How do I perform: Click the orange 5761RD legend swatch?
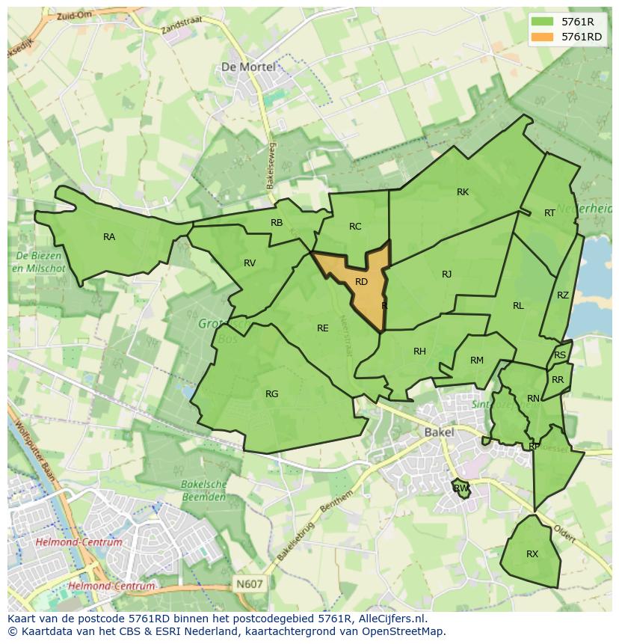543,37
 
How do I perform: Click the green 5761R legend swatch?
543,22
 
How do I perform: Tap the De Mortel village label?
248,67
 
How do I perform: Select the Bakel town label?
439,432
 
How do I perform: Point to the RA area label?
109,237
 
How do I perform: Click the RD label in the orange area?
361,282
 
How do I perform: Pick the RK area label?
463,192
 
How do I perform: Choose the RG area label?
271,394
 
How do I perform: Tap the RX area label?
532,554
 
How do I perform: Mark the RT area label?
549,213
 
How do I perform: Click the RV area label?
250,263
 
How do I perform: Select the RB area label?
277,223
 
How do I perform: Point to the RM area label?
477,361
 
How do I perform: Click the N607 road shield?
248,583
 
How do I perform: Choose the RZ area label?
563,295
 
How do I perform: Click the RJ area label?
447,275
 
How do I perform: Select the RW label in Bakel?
461,488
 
